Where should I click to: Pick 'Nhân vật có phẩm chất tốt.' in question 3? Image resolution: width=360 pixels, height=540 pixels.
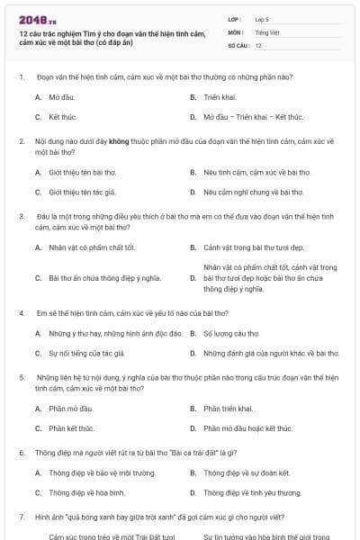(x=92, y=247)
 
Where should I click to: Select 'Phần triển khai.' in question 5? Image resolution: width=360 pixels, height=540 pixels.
(x=229, y=408)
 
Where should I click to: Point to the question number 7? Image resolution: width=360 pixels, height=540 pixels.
(x=21, y=517)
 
